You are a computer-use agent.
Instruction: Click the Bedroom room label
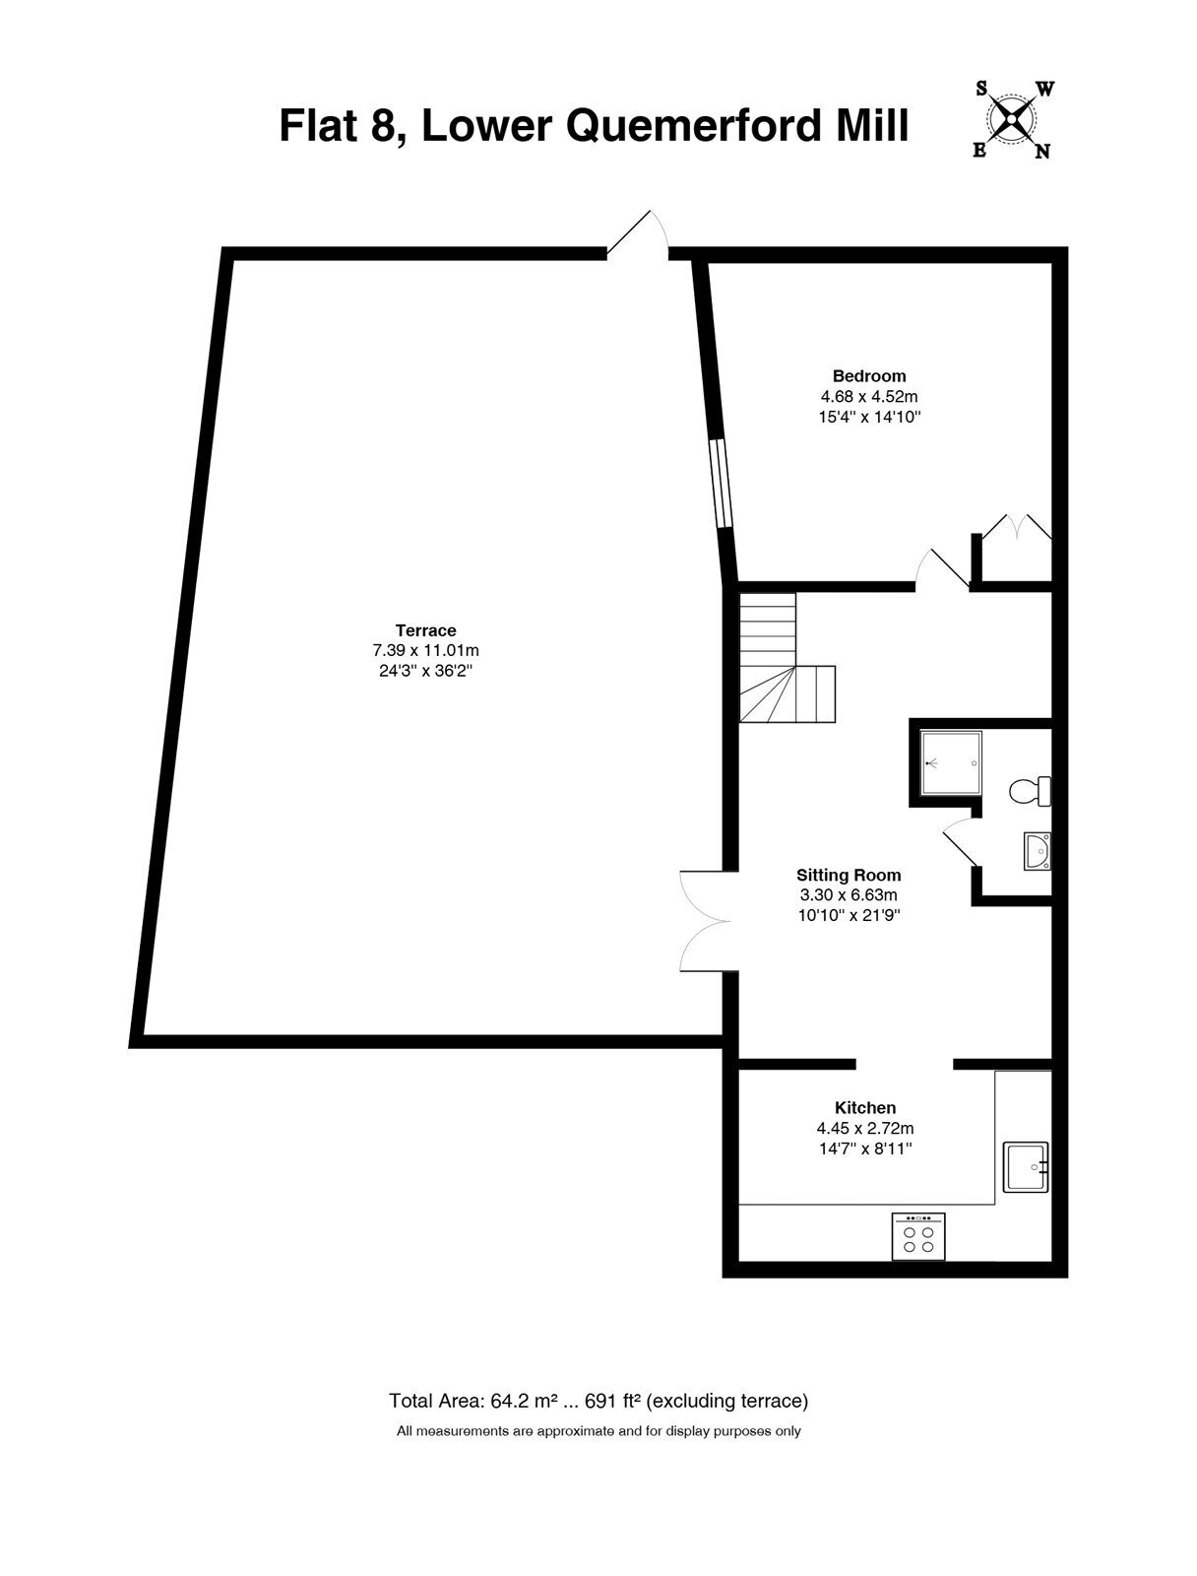pyautogui.click(x=868, y=375)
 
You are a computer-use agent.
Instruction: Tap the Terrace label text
pyautogui.click(x=425, y=630)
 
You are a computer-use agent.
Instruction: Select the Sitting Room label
pyautogui.click(x=849, y=876)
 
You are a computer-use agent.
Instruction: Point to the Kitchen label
pyautogui.click(x=865, y=1108)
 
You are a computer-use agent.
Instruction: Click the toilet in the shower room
pyautogui.click(x=1030, y=791)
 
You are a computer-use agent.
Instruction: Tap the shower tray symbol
pyautogui.click(x=951, y=762)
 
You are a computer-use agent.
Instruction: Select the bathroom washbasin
pyautogui.click(x=1038, y=852)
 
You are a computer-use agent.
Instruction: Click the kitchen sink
pyautogui.click(x=1025, y=1167)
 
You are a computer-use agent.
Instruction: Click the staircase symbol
pyautogui.click(x=787, y=658)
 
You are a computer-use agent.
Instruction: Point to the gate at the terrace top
pyautogui.click(x=638, y=233)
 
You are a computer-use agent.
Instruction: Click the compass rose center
pyautogui.click(x=1011, y=120)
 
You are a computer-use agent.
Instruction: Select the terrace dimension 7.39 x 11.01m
pyautogui.click(x=425, y=650)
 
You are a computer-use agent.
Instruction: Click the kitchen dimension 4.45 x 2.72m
pyautogui.click(x=865, y=1128)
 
